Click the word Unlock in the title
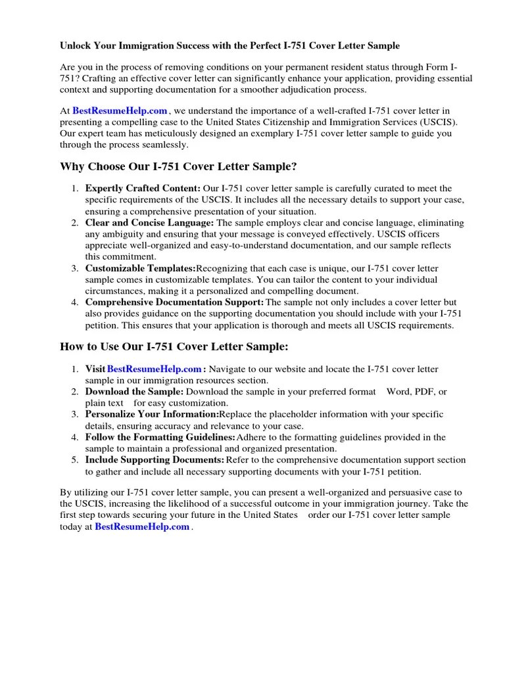[x=76, y=46]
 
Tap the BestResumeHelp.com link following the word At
[x=119, y=111]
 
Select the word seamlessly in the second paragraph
[x=160, y=145]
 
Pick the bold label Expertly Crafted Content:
[x=143, y=189]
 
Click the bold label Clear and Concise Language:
[x=149, y=223]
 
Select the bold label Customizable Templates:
[x=140, y=268]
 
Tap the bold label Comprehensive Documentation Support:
[x=174, y=302]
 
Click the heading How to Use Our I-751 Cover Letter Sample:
[x=174, y=346]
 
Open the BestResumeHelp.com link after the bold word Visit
[x=154, y=369]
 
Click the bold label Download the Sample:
[x=134, y=392]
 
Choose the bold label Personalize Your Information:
[x=151, y=415]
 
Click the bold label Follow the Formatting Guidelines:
[x=160, y=437]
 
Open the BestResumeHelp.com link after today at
[x=142, y=526]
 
